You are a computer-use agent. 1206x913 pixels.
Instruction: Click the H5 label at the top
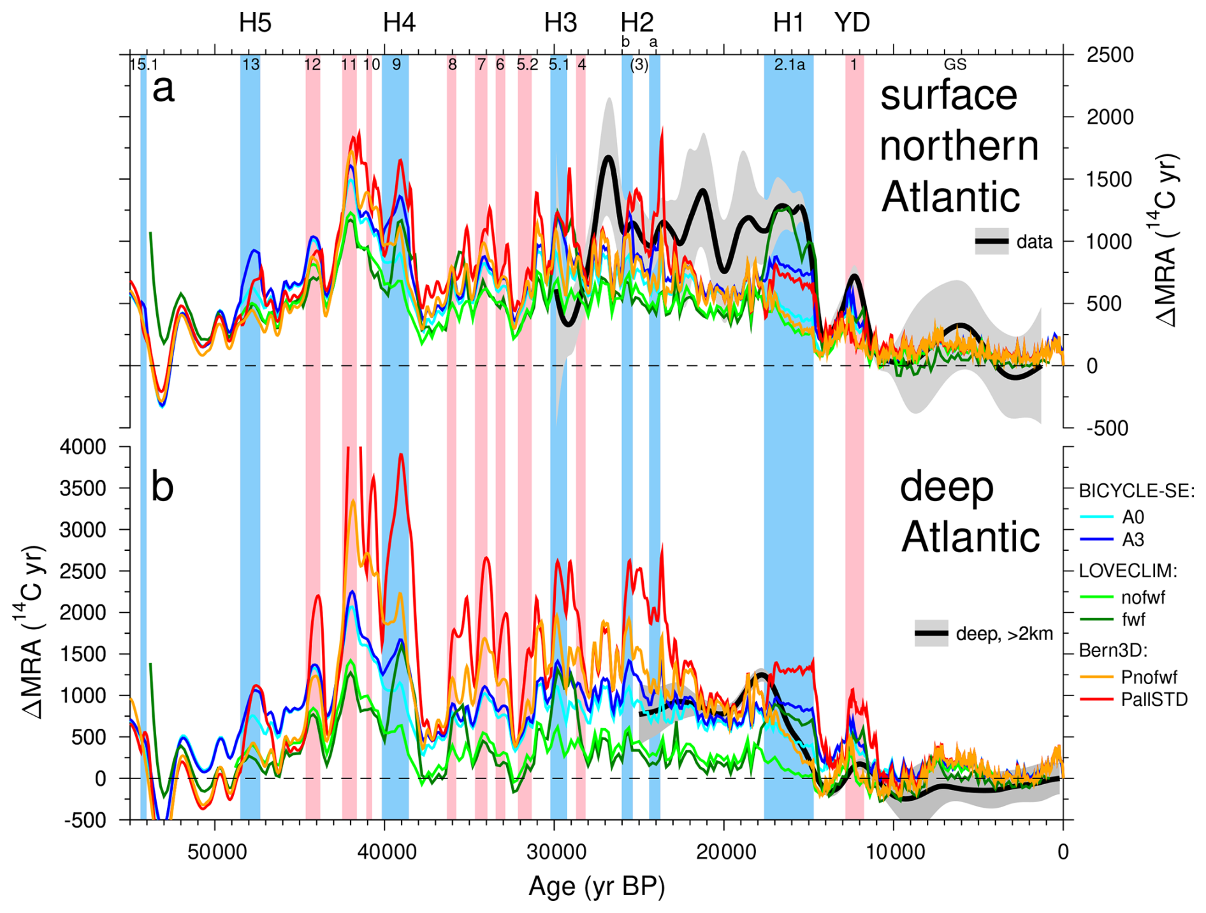click(255, 23)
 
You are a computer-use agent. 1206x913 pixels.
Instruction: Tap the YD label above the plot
click(852, 23)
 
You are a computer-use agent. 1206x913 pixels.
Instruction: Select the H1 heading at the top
click(788, 23)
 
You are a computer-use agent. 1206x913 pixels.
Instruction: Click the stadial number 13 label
click(251, 64)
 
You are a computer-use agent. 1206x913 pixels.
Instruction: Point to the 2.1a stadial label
click(789, 64)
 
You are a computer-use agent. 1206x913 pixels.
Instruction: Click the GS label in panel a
click(955, 64)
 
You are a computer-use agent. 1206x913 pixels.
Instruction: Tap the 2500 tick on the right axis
click(1110, 55)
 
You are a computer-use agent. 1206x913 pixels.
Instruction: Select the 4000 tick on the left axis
click(83, 447)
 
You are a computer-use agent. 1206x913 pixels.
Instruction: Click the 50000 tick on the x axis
click(215, 852)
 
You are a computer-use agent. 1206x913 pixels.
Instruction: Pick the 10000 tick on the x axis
click(893, 852)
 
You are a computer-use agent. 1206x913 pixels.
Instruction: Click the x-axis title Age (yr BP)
click(597, 887)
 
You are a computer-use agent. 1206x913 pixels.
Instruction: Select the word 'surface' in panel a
click(948, 96)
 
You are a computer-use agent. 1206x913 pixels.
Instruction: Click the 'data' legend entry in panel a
click(1034, 242)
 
